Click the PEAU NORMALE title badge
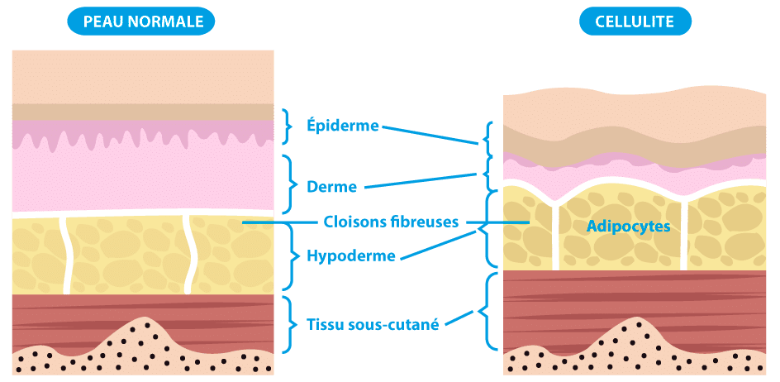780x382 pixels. (x=143, y=21)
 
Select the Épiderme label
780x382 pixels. (x=342, y=126)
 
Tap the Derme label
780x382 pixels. (x=331, y=187)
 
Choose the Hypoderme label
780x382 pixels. (x=350, y=256)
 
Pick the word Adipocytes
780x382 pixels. (x=627, y=225)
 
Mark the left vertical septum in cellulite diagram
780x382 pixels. (x=554, y=240)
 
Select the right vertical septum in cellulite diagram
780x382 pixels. (x=684, y=240)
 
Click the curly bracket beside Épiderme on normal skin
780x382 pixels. (x=288, y=126)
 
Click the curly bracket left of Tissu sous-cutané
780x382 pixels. (x=289, y=322)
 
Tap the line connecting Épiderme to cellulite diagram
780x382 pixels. (x=430, y=135)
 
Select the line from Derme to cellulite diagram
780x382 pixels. (x=421, y=179)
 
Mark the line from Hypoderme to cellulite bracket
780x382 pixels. (x=438, y=246)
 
